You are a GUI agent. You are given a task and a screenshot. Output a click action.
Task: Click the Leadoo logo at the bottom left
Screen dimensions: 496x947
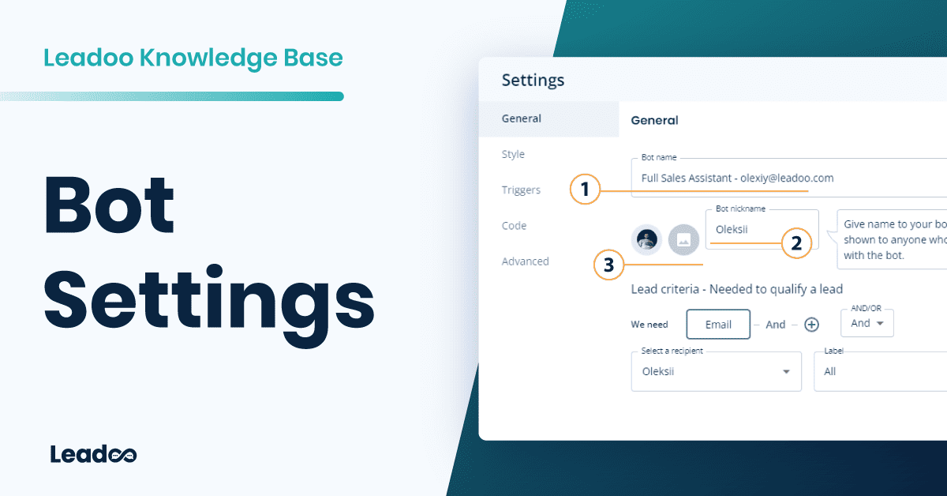pos(93,454)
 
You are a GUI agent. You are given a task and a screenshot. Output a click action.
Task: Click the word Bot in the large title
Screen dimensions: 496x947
pos(109,204)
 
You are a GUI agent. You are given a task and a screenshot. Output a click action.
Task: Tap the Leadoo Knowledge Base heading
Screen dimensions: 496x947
pos(193,58)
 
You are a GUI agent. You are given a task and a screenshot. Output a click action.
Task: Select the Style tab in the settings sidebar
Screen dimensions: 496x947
pos(513,154)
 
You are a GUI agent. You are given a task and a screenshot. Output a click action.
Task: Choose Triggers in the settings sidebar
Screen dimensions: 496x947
pos(521,190)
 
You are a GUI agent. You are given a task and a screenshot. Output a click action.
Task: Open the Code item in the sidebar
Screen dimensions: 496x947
pos(514,225)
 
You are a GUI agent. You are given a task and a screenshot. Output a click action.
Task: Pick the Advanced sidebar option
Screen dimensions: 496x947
pos(525,261)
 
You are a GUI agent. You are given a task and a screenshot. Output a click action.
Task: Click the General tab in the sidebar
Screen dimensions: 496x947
pos(522,118)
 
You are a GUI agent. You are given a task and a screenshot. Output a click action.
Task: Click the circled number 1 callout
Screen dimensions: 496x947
pos(585,190)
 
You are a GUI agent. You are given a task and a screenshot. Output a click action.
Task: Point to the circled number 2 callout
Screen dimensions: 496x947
pos(796,243)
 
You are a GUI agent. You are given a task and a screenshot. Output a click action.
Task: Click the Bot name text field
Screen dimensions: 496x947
pos(789,178)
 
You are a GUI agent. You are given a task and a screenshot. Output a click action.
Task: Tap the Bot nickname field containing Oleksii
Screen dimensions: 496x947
pos(762,230)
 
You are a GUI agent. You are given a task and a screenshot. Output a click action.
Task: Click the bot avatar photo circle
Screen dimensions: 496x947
pos(647,239)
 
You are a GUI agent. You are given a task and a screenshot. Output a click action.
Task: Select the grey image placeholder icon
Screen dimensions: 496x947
pos(683,239)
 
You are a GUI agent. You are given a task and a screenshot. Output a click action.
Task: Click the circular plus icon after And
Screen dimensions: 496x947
pos(811,325)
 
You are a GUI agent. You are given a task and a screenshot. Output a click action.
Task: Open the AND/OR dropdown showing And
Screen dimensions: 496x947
pos(867,323)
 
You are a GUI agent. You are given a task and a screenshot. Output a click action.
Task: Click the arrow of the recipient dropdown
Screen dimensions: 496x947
pos(786,372)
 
